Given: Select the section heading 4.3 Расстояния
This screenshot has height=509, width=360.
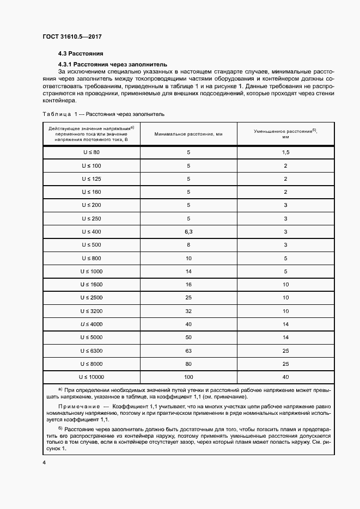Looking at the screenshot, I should (81, 54).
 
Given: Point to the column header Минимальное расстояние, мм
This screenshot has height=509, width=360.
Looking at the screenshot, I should (188, 133).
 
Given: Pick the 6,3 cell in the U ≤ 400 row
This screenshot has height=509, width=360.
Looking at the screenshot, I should (188, 231).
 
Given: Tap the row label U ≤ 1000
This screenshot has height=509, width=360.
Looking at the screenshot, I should (91, 271).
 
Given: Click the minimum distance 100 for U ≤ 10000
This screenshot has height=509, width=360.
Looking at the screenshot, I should (188, 377).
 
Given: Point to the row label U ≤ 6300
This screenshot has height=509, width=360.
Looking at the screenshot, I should (91, 350).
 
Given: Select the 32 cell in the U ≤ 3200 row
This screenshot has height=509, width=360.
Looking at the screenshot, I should (188, 310).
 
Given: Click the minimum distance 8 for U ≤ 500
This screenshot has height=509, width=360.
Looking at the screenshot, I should (188, 244).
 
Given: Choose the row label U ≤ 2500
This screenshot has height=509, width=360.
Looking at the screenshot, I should (91, 297).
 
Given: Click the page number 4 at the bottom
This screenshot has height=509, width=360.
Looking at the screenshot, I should (44, 462).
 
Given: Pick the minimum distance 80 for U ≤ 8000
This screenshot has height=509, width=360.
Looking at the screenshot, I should (188, 363).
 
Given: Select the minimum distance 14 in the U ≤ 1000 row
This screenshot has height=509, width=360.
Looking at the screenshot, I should (188, 271).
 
